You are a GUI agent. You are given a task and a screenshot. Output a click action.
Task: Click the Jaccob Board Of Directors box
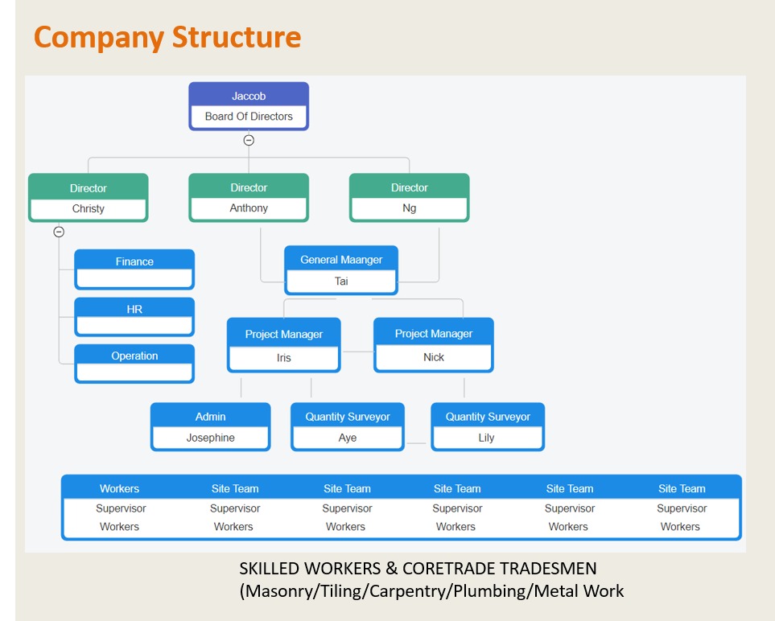249,106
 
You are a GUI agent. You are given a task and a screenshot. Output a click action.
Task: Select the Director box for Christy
88,198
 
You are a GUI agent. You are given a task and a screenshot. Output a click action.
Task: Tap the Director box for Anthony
249,198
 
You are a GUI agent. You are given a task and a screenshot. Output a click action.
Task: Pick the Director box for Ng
410,198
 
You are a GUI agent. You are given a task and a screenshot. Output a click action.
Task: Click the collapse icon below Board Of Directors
249,140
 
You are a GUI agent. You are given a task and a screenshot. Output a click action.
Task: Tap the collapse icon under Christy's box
59,232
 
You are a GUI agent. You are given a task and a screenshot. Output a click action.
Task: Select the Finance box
134,269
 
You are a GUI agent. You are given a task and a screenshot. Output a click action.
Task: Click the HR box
134,317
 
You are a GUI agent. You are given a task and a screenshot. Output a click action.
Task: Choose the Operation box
134,364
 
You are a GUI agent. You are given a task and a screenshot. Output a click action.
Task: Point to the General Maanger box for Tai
341,270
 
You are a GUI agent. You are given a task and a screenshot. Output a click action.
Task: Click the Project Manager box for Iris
284,345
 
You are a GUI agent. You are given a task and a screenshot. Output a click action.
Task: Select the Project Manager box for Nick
434,345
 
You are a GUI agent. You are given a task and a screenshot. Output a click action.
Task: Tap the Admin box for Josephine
211,427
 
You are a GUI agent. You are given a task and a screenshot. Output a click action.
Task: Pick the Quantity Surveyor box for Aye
348,427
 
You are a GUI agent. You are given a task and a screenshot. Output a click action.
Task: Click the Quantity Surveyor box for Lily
488,427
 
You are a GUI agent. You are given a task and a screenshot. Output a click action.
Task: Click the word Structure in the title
237,37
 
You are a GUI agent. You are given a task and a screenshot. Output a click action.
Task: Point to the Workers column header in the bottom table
120,488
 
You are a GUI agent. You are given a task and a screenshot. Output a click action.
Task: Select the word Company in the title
99,39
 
